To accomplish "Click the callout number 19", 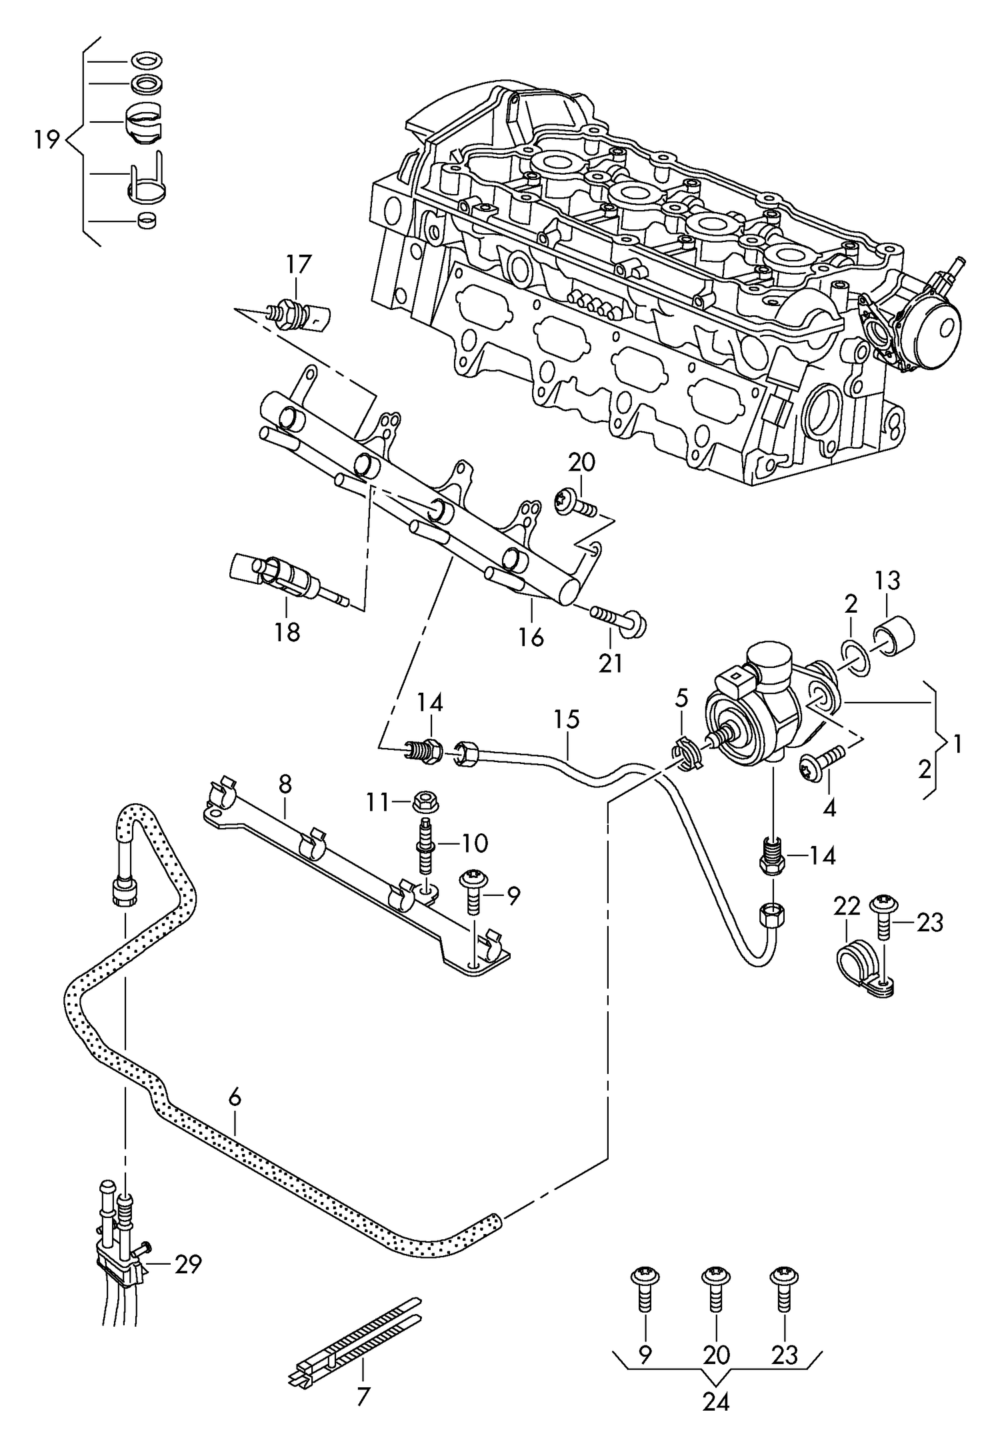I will tap(47, 141).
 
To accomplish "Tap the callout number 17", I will tap(299, 265).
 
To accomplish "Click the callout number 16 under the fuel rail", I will tap(531, 637).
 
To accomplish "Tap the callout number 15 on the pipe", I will tap(567, 720).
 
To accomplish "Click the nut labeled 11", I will tap(426, 802).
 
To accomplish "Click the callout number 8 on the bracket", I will tap(285, 785).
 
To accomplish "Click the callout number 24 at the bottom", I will tap(716, 1402).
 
